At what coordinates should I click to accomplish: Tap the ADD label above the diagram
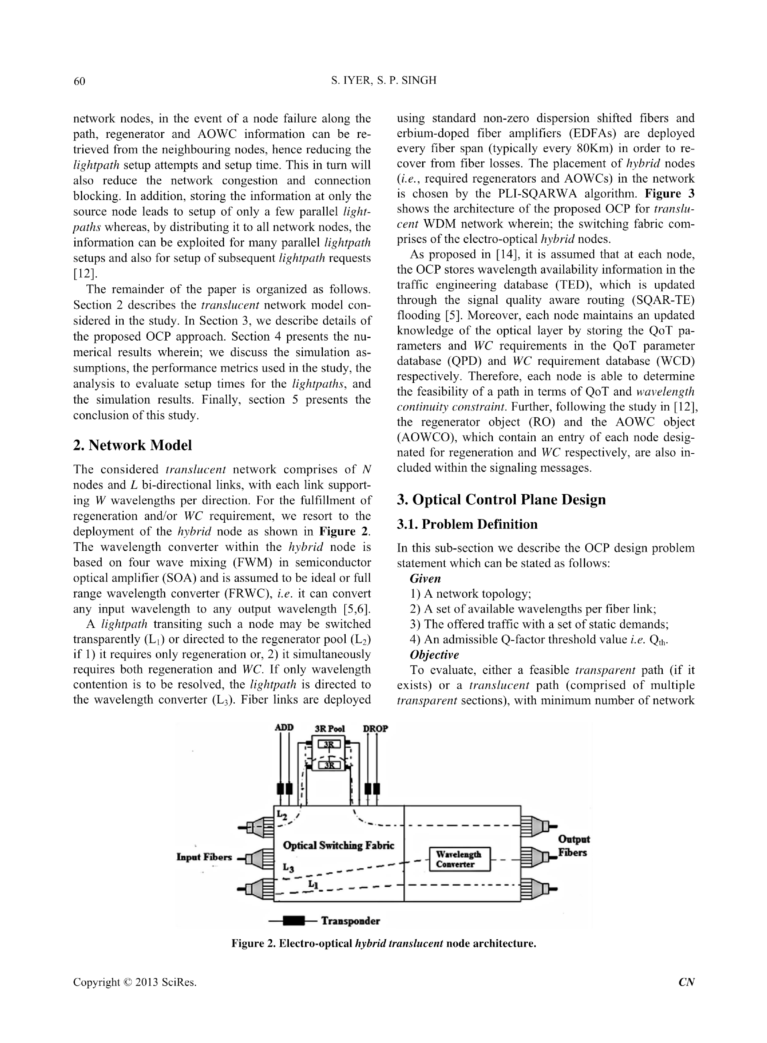pos(284,728)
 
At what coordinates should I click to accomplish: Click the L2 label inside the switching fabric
pos(282,814)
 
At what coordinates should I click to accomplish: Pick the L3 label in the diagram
pos(288,867)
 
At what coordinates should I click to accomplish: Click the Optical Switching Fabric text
pos(338,846)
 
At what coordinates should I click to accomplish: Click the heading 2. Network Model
pos(132,445)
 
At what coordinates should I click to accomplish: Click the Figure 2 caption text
pos(384,944)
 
